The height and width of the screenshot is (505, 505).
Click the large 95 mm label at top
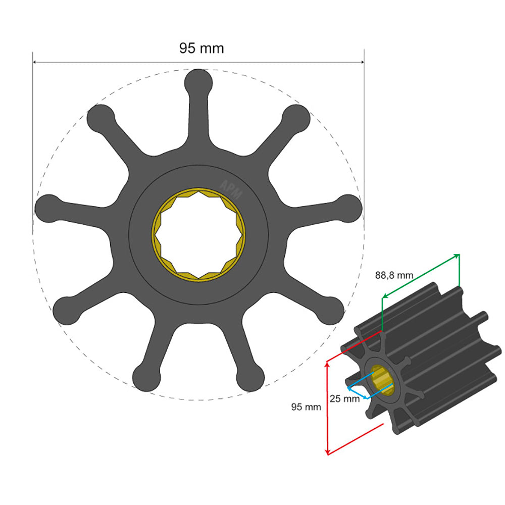point(201,48)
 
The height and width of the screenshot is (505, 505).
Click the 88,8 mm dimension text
point(394,275)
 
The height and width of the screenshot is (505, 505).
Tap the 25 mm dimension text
point(344,398)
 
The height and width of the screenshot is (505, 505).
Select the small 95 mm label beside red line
point(306,407)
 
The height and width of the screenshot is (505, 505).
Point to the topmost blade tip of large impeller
point(198,81)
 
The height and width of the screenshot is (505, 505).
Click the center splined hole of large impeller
point(198,234)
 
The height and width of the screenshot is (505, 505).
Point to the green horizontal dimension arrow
point(420,275)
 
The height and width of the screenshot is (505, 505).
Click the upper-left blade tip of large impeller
point(100,117)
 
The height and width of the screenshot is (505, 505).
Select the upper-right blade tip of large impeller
point(296,117)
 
